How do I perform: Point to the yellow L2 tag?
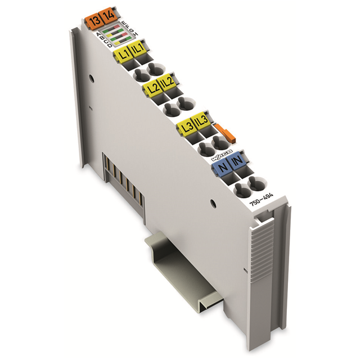point(152,88)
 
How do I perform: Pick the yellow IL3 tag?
point(201,121)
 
